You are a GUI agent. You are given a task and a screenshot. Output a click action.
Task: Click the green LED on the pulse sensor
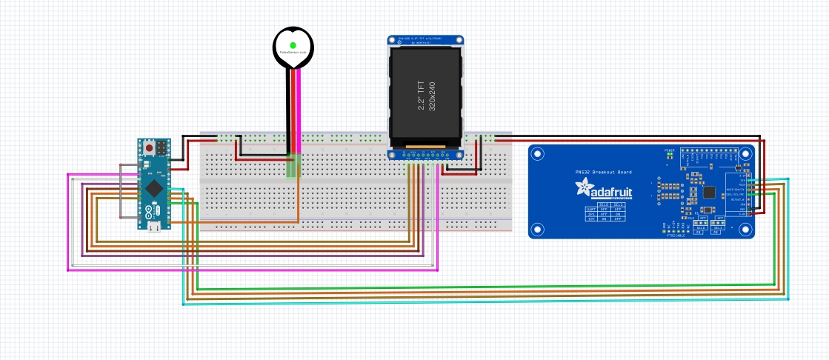(293, 46)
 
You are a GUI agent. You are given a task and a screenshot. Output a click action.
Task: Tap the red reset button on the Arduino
(150, 148)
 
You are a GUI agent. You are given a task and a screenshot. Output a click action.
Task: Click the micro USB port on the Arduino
(154, 227)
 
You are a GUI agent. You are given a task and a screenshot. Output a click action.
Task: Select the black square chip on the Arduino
(153, 187)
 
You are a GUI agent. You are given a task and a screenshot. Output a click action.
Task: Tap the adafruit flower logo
(584, 188)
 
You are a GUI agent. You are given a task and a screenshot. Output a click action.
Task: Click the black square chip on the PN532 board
(710, 193)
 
